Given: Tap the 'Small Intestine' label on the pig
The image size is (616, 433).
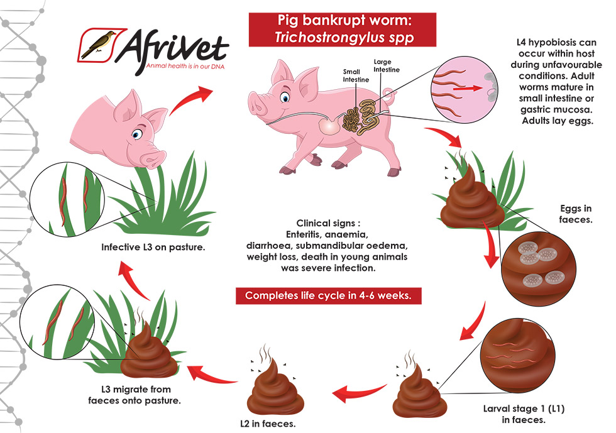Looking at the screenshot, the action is click(x=356, y=75).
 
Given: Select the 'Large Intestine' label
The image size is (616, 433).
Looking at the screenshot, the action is click(x=386, y=65).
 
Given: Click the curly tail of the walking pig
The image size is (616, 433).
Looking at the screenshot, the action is click(x=388, y=94).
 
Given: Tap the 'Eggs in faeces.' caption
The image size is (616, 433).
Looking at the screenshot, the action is click(x=576, y=214).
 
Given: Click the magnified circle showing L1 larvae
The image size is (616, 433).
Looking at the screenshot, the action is click(x=517, y=356).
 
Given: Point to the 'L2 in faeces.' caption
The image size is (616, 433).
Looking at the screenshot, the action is click(x=268, y=424).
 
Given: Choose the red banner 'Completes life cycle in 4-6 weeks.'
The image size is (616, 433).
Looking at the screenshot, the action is click(x=328, y=295).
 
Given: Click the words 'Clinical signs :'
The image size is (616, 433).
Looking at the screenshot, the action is click(x=328, y=223).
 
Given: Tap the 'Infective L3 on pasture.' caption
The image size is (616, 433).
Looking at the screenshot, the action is click(x=153, y=247).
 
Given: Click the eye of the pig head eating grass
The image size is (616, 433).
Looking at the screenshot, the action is click(x=137, y=134).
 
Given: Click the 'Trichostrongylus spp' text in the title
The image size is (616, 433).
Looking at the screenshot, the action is click(x=344, y=37).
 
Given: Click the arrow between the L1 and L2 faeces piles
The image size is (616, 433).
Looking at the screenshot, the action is click(x=359, y=393).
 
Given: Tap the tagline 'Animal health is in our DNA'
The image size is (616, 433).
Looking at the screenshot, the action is click(x=185, y=66).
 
